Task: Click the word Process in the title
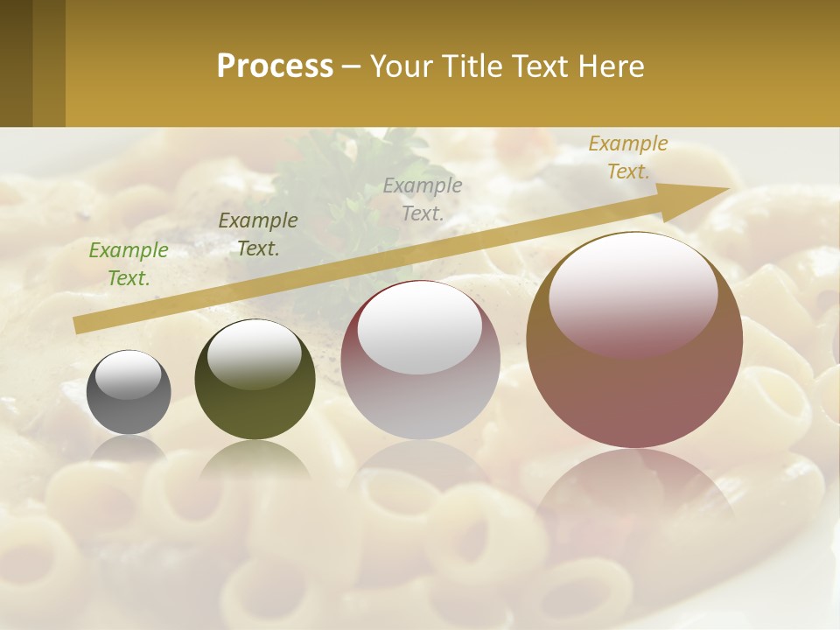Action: tap(275, 66)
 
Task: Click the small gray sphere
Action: tap(129, 392)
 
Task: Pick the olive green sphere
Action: tap(255, 380)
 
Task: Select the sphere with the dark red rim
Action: tap(420, 360)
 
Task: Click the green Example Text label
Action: tap(129, 264)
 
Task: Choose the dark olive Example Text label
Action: tap(258, 234)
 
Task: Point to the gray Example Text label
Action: tap(423, 199)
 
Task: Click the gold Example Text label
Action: tap(628, 157)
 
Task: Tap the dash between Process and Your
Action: tap(352, 67)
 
